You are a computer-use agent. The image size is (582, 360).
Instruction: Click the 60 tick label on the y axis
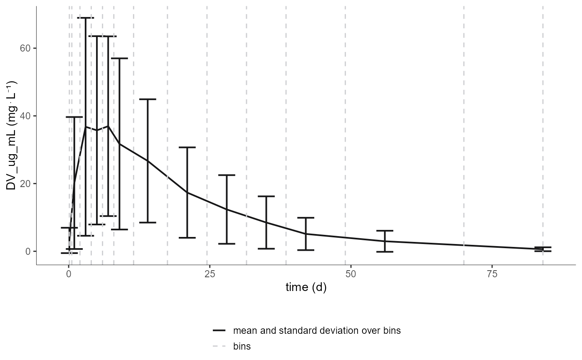coord(26,48)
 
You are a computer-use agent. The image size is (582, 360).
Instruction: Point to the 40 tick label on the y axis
coord(26,116)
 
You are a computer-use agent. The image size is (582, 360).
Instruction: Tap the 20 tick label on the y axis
coord(26,184)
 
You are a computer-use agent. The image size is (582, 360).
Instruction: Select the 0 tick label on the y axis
coord(29,252)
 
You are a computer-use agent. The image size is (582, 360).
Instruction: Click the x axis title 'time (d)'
coord(306,288)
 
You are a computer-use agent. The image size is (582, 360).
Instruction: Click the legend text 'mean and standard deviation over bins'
coord(317,331)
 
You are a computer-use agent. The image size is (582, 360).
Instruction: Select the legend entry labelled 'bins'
coord(242,346)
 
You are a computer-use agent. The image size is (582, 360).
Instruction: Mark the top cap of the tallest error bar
coord(86,18)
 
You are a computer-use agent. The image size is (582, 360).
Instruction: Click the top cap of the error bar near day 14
coord(148,99)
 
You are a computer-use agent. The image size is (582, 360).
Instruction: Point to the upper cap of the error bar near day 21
coord(187,147)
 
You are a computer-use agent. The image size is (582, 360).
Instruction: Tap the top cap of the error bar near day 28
coord(227,175)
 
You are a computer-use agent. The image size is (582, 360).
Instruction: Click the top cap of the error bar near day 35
coord(266,196)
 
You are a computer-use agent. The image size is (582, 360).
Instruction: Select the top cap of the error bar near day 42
coord(306,217)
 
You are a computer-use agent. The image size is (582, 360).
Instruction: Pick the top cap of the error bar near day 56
coord(385,230)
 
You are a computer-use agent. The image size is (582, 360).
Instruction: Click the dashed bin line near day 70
coord(464,125)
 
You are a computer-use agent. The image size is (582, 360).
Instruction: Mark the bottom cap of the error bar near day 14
coord(148,222)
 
